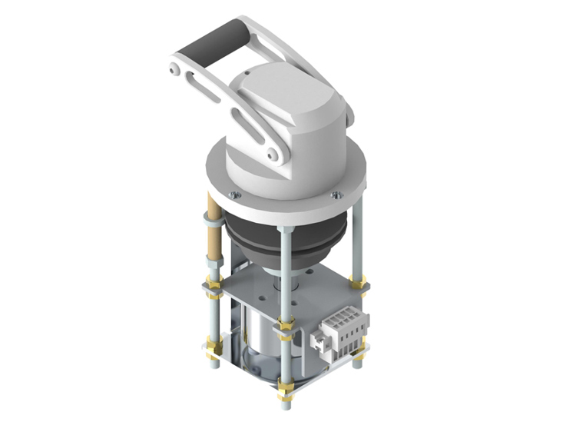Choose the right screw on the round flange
click(x=336, y=194)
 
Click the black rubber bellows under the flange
click(x=284, y=242)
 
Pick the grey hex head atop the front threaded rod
click(x=285, y=229)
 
